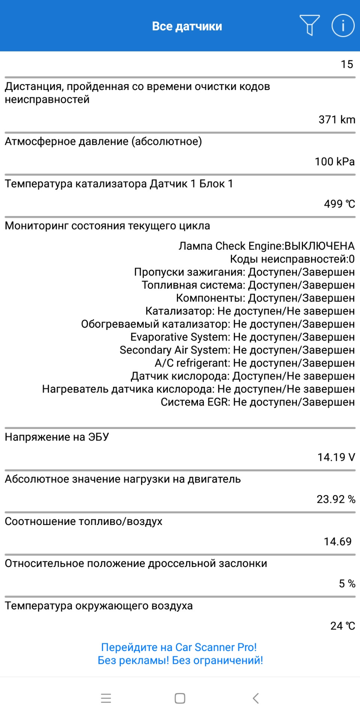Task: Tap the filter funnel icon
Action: point(309,25)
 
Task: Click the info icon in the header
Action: point(343,25)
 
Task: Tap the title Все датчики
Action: point(187,26)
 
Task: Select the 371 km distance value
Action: point(336,120)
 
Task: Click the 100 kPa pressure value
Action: point(334,162)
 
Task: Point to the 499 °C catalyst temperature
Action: point(339,204)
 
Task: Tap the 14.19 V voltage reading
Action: point(336,457)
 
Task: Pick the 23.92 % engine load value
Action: point(336,499)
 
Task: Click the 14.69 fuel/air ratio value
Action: point(337,541)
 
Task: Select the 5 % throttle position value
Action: point(347,583)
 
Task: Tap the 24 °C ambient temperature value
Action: point(342,626)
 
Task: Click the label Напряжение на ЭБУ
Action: point(57,437)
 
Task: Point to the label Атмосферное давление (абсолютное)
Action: point(103,141)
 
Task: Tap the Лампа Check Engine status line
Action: point(266,246)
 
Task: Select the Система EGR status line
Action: point(258,402)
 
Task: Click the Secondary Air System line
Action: point(237,350)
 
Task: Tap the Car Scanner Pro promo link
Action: point(180,654)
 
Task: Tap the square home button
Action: point(180,698)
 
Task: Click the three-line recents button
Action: point(106,698)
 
